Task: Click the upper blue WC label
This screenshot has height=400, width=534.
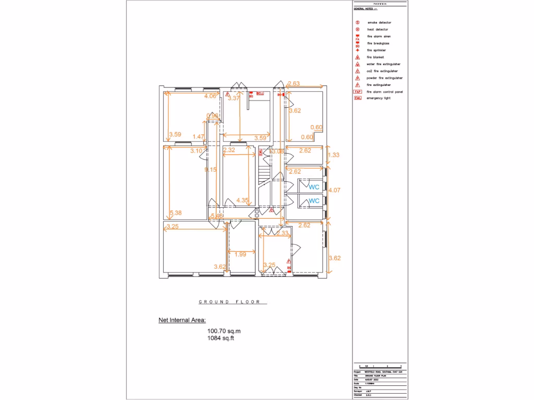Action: [x=314, y=186]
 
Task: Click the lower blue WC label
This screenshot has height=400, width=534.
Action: [x=314, y=201]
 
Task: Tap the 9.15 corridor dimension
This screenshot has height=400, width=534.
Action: [x=211, y=169]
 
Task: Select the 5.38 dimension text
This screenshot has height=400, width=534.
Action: [x=176, y=213]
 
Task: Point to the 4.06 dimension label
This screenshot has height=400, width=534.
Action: [x=210, y=96]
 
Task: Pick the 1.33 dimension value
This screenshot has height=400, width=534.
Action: [x=333, y=155]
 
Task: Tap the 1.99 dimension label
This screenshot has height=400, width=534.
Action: [x=240, y=254]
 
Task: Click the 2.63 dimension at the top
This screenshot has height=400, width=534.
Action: [x=294, y=83]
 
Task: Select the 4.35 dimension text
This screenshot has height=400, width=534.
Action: [x=242, y=200]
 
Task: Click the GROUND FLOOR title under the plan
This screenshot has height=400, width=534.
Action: [x=233, y=302]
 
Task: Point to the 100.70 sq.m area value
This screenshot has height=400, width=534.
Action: [x=224, y=331]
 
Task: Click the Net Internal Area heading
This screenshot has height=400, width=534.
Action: [x=182, y=320]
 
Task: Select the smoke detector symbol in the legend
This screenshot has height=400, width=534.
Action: [x=358, y=23]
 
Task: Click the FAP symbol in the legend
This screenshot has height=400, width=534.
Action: [x=358, y=92]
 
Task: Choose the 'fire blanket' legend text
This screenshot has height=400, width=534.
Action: [x=376, y=57]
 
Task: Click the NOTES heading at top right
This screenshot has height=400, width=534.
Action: [x=380, y=4]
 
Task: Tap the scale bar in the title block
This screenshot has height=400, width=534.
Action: [x=380, y=367]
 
